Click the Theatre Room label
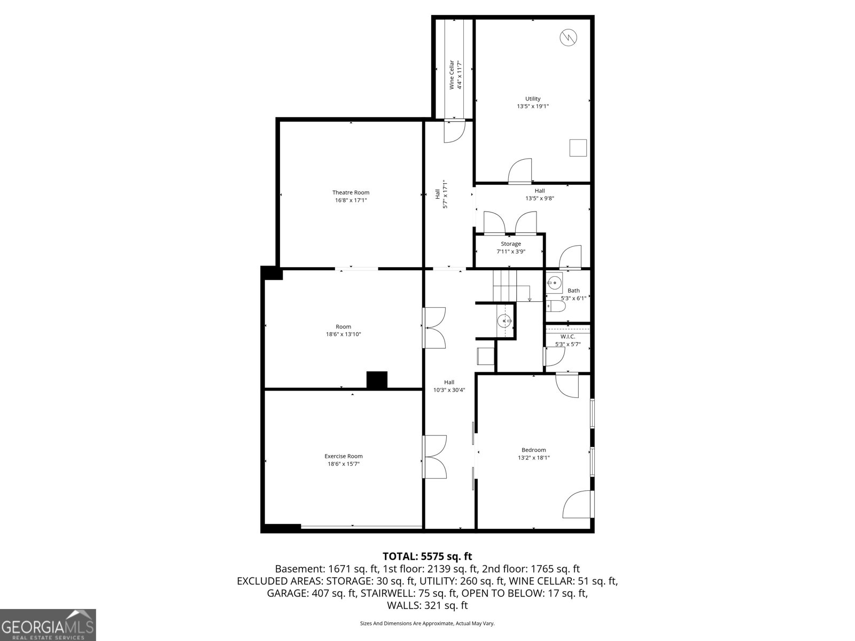click(x=351, y=192)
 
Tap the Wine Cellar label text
click(x=452, y=75)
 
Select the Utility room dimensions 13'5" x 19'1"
click(x=532, y=106)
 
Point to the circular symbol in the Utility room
click(x=568, y=37)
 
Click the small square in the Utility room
click(x=578, y=147)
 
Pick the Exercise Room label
click(x=343, y=456)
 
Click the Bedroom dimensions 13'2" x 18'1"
click(x=533, y=458)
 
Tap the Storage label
click(x=510, y=244)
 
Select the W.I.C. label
click(x=568, y=337)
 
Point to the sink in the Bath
click(x=554, y=283)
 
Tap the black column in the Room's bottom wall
click(x=377, y=380)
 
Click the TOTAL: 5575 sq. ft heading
click(x=427, y=557)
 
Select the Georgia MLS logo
click(x=48, y=625)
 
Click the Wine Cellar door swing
click(x=455, y=131)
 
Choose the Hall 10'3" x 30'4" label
click(x=449, y=386)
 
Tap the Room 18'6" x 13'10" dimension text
click(x=343, y=334)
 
